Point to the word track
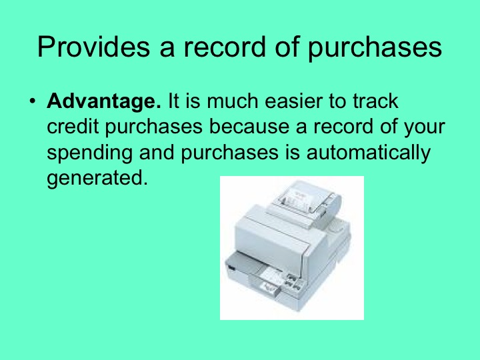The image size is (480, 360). [x=374, y=102]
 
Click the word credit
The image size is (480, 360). [x=73, y=127]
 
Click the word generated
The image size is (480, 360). [x=95, y=178]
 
